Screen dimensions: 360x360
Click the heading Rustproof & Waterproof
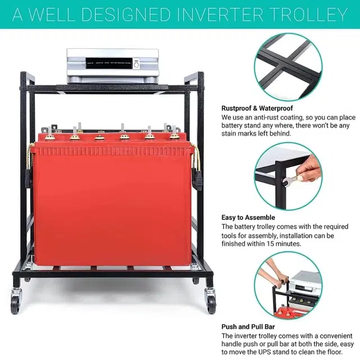(x=256, y=108)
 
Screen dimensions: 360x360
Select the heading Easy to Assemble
(x=248, y=217)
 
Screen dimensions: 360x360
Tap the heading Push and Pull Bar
(x=250, y=326)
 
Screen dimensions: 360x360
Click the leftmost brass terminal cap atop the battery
(x=49, y=136)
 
